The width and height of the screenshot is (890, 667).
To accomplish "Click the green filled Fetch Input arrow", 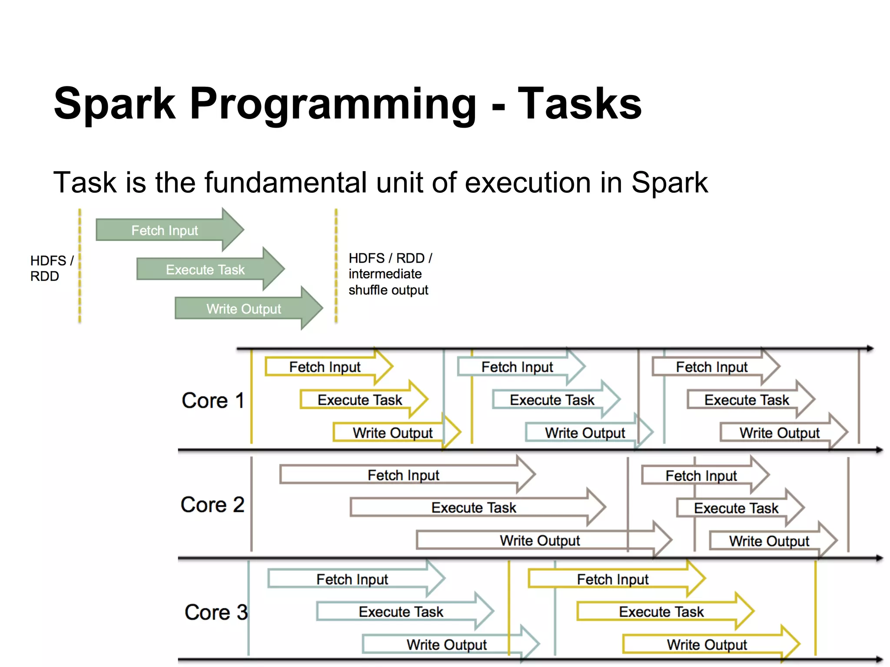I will tap(165, 230).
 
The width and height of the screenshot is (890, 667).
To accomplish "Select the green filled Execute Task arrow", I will tap(206, 270).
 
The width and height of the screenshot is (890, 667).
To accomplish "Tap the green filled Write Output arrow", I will tap(244, 309).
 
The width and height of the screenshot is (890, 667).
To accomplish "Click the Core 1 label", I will tap(213, 400).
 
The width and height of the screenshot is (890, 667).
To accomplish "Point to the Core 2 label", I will tap(213, 505).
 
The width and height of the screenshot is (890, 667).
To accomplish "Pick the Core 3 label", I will tap(216, 612).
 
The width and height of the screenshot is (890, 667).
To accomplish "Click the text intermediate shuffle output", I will tap(388, 282).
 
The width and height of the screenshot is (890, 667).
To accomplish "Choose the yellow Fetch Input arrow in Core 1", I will tap(325, 367).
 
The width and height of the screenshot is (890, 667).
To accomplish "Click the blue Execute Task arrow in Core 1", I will tap(552, 400).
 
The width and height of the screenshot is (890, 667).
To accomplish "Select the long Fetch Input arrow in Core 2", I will tap(403, 475).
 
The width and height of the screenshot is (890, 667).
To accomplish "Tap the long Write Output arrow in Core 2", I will tap(540, 541).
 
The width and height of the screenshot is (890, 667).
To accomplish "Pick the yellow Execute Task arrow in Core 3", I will tap(661, 612).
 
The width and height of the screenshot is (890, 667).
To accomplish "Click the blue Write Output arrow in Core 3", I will tap(446, 644).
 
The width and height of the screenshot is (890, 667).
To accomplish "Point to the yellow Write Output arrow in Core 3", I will tap(707, 644).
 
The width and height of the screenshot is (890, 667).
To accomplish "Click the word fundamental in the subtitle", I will tap(287, 182).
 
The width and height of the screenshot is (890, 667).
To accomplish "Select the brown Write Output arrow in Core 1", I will tap(780, 433).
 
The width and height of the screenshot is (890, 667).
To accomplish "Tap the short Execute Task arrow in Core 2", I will tap(736, 508).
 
